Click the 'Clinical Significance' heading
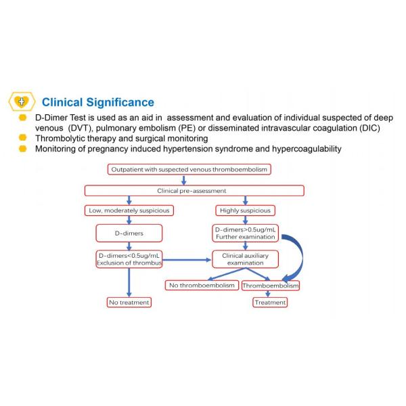pos(97,103)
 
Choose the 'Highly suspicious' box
pos(246,210)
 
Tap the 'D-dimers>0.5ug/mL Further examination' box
pos(246,233)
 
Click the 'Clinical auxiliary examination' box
pos(246,260)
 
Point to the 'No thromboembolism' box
pos(201,286)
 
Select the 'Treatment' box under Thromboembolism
pos(270,302)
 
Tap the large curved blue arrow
pos(296,254)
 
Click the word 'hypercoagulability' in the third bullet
pos(300,148)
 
